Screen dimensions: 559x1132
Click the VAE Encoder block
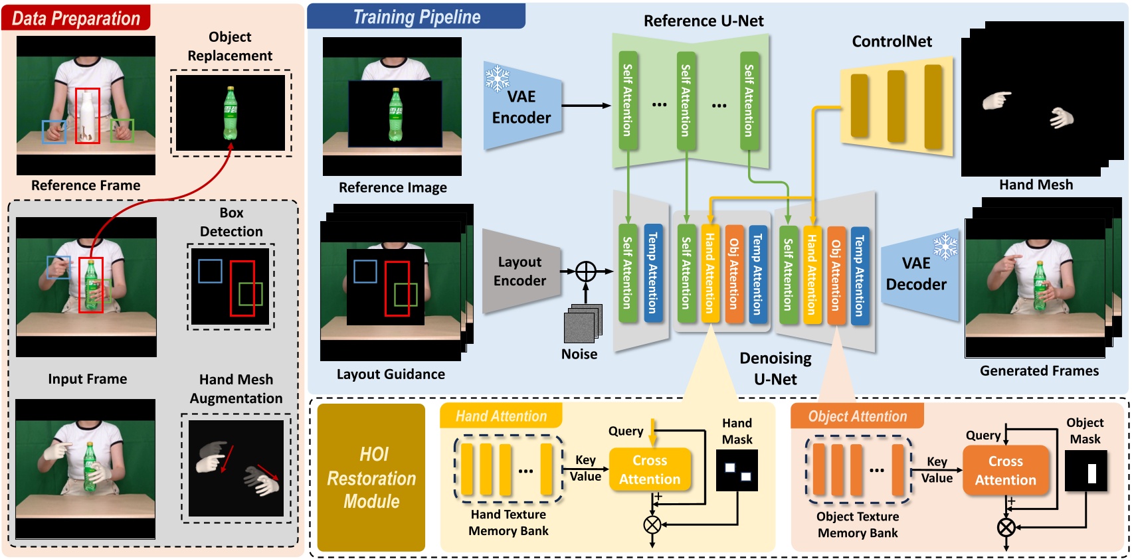coord(521,108)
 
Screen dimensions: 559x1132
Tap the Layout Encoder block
coord(520,272)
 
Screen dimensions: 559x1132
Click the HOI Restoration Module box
coord(371,477)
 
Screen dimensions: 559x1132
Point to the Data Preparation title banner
coord(76,18)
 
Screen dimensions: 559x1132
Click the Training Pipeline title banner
coord(417,17)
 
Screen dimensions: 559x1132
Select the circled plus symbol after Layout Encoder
coord(586,272)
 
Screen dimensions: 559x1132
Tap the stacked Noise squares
coord(583,323)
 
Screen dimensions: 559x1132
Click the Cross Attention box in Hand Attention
coord(650,470)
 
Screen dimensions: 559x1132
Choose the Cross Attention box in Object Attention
coord(1005,471)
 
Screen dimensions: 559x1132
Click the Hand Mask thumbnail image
coord(737,471)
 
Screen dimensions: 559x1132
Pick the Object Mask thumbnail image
coord(1085,471)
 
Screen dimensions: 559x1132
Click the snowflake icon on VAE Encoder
coord(497,78)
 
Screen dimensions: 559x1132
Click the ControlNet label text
coord(892,41)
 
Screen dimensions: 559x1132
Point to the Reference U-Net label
coord(703,21)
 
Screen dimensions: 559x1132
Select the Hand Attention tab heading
coord(501,416)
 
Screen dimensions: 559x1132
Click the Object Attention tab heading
coord(857,416)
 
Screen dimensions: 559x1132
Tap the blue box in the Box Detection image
coord(210,271)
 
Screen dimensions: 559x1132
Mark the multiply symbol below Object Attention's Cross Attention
coord(1006,528)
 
